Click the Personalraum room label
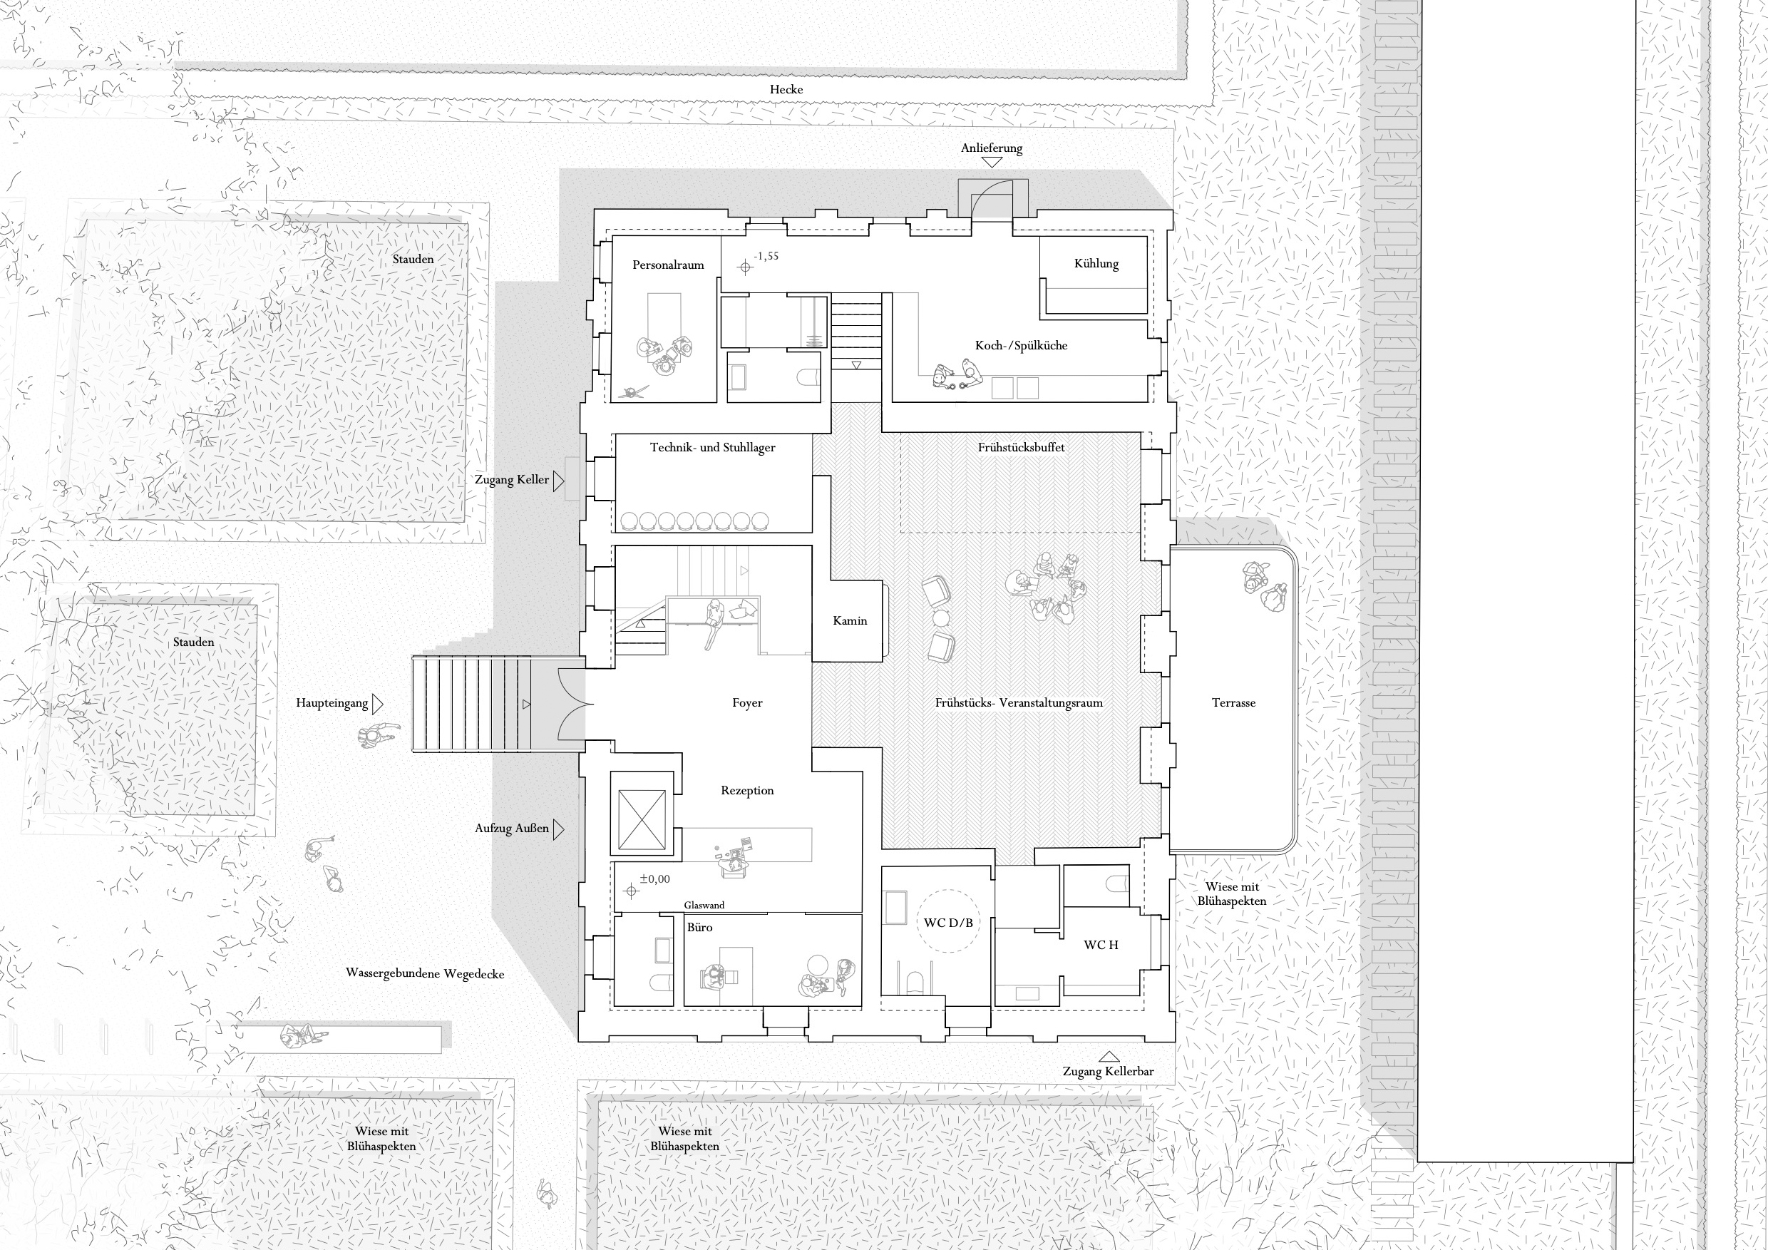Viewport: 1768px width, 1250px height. tap(667, 265)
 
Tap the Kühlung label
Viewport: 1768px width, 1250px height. tap(1096, 263)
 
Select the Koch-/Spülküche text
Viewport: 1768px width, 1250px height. tap(1021, 345)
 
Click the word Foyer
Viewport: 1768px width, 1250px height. tap(747, 702)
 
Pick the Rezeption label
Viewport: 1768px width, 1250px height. tap(747, 790)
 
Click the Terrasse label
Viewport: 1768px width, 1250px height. tap(1233, 702)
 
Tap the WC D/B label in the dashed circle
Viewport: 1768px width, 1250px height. tap(948, 923)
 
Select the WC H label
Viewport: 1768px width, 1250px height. tap(1101, 945)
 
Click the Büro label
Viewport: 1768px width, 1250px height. tap(699, 927)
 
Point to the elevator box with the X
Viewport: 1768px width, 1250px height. tap(642, 814)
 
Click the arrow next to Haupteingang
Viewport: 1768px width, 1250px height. tap(377, 703)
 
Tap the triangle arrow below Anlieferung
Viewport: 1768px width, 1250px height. tap(992, 163)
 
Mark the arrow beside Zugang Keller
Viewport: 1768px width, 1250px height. tap(558, 481)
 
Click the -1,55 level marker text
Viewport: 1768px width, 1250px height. tap(766, 257)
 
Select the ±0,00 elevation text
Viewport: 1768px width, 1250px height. tap(654, 878)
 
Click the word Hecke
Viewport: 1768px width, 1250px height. tap(786, 89)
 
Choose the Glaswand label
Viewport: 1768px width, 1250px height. tap(704, 905)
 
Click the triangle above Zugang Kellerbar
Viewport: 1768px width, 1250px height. tap(1109, 1057)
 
